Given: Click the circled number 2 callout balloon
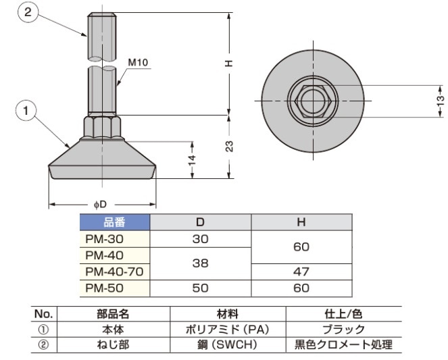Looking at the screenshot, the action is point(28,12).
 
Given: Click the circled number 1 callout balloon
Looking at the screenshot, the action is point(26,110).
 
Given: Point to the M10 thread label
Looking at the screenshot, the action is point(138,62).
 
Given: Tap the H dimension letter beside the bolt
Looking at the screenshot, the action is point(229,63).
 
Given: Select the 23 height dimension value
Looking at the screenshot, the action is point(230,147).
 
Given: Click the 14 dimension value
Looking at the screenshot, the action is point(192,160).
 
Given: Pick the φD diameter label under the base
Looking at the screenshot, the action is point(100,205).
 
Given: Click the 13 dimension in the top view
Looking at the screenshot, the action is point(441,101).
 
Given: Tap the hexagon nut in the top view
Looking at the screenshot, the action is point(313,101).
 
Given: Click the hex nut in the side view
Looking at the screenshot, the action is point(102,127).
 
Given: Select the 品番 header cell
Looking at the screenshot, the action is point(115,222).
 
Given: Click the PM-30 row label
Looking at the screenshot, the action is point(105,239).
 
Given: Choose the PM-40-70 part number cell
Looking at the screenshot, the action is point(115,272).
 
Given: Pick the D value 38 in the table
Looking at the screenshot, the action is point(200,263).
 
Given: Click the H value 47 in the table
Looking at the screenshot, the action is point(301,272).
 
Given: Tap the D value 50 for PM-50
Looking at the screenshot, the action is point(200,288).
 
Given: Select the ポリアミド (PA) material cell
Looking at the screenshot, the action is point(228,330).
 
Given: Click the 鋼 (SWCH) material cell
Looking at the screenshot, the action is point(228,345).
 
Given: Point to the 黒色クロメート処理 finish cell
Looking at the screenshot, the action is point(344,345).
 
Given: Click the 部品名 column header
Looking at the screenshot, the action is point(113,314).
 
